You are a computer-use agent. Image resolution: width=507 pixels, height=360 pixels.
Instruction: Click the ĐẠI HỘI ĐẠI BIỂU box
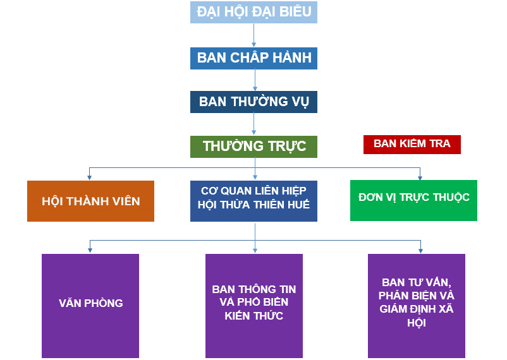253,13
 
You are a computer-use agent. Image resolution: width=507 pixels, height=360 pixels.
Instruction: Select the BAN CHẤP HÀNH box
253,58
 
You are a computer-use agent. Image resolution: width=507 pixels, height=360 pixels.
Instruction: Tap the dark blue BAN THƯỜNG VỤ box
253,102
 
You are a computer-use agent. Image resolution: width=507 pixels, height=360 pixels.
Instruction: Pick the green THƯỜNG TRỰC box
253,147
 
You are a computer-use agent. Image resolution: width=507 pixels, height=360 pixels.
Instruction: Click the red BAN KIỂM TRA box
412,144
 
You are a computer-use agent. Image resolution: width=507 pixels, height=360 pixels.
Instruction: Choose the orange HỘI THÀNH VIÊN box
90,201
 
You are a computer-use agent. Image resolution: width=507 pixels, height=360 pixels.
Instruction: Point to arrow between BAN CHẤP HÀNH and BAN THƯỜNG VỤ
255,80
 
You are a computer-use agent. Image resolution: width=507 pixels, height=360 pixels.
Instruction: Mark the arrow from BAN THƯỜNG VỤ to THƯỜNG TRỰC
255,124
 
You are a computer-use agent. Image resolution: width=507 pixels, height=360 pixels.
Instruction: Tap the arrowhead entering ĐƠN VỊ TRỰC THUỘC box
420,177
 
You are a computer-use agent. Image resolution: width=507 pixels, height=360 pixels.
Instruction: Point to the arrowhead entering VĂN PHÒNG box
90,251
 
